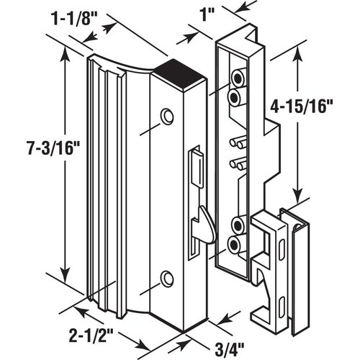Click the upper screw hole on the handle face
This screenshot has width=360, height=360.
pos(168,115)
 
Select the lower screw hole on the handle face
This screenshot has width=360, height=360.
pos(168,277)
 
